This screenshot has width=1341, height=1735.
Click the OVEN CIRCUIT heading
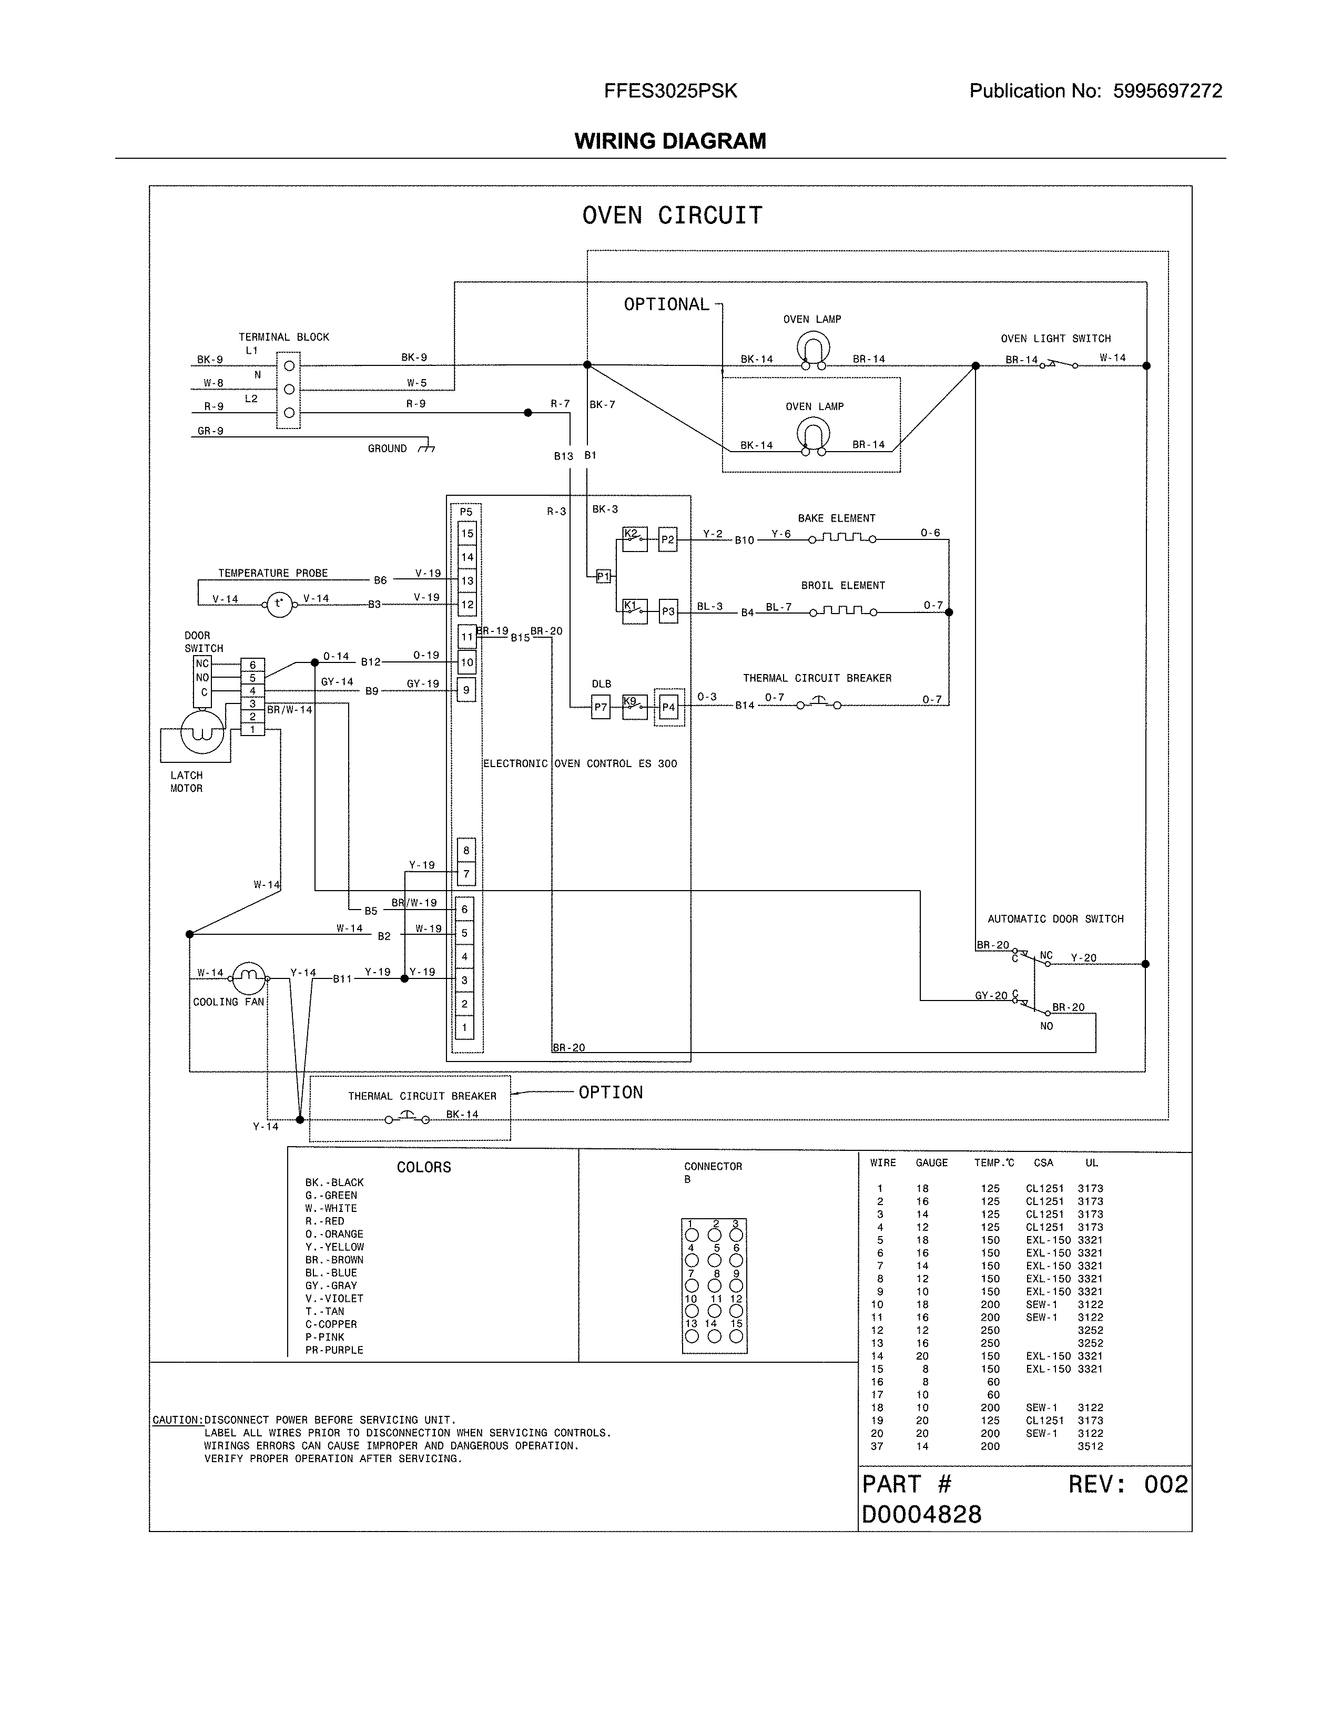point(672,215)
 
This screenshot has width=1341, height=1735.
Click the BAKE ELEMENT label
point(837,518)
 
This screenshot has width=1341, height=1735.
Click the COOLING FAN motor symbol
point(249,977)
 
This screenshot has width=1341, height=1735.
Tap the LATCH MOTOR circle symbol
point(202,732)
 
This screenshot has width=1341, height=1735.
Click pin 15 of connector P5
point(467,533)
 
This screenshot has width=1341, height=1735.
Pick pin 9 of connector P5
point(467,690)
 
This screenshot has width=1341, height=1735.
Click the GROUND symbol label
point(387,449)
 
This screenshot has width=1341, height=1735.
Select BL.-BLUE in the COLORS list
point(331,1273)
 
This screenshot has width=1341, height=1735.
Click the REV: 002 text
point(1127,1484)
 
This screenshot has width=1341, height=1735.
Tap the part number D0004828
point(921,1514)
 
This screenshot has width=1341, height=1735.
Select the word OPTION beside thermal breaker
point(610,1093)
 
